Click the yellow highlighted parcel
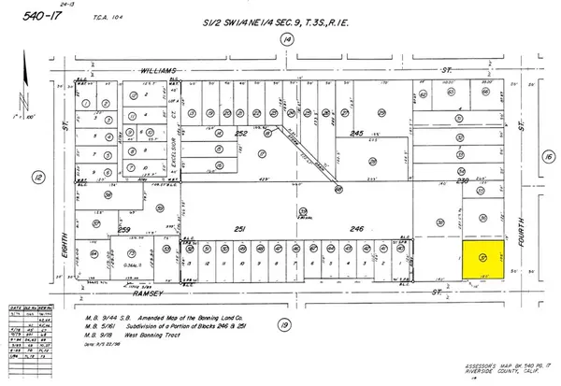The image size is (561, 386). (482, 256)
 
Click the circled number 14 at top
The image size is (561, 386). (287, 39)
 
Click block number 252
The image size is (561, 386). (241, 134)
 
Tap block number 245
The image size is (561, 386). (355, 134)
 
